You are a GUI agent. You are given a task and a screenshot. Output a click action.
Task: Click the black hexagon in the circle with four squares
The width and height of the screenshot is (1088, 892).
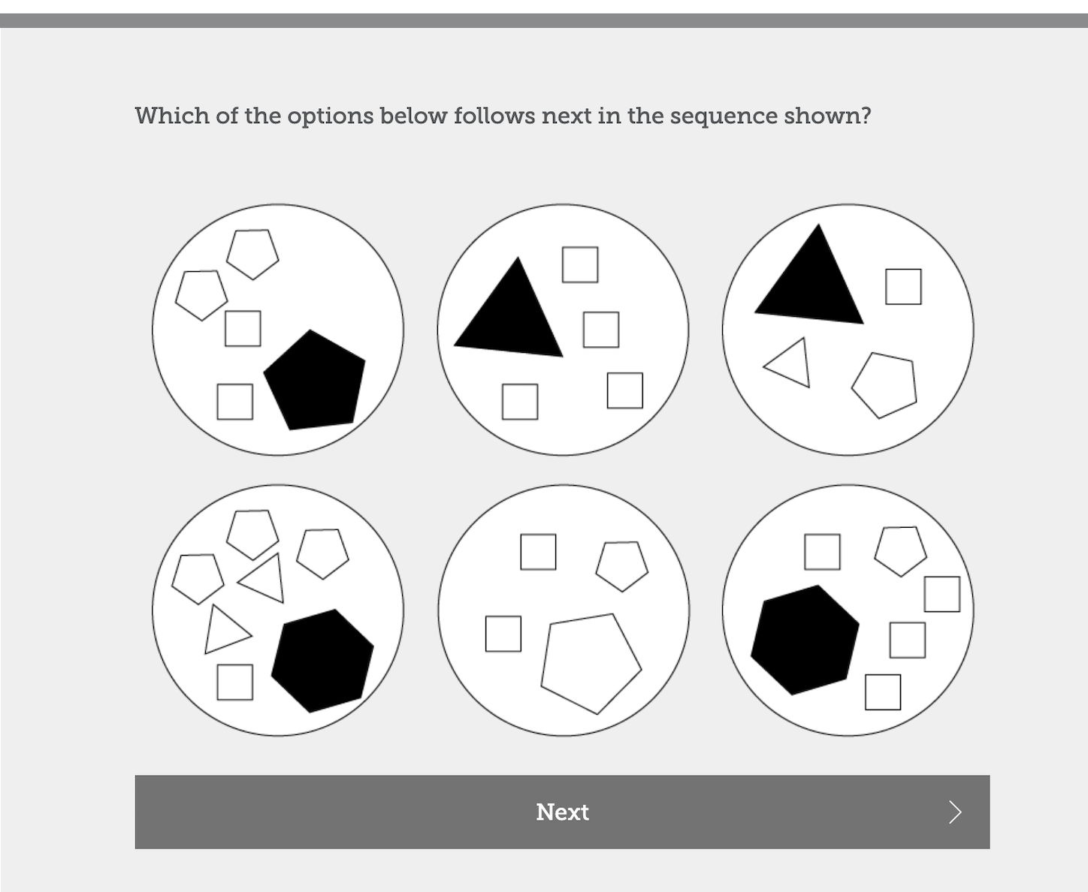pyautogui.click(x=805, y=640)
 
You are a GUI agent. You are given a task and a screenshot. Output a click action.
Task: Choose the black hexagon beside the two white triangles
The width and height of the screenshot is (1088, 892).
pyautogui.click(x=322, y=661)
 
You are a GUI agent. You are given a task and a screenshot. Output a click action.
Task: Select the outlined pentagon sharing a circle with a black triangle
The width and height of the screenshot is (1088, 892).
pyautogui.click(x=884, y=385)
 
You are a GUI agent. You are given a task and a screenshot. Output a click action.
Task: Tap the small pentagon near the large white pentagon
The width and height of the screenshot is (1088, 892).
pyautogui.click(x=622, y=566)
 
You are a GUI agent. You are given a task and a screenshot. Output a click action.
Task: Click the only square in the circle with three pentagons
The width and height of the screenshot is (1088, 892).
pyautogui.click(x=234, y=683)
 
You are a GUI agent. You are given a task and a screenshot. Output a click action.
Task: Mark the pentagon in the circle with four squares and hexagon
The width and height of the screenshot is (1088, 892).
pyautogui.click(x=901, y=551)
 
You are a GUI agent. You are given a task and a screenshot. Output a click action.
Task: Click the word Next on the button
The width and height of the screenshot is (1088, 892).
pyautogui.click(x=562, y=812)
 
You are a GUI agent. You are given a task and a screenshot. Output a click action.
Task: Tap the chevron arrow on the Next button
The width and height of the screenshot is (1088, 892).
pyautogui.click(x=956, y=812)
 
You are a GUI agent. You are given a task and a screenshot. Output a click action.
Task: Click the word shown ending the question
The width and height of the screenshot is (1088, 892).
pyautogui.click(x=827, y=116)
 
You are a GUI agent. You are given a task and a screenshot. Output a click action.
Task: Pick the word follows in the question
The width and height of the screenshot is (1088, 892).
pyautogui.click(x=494, y=116)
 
